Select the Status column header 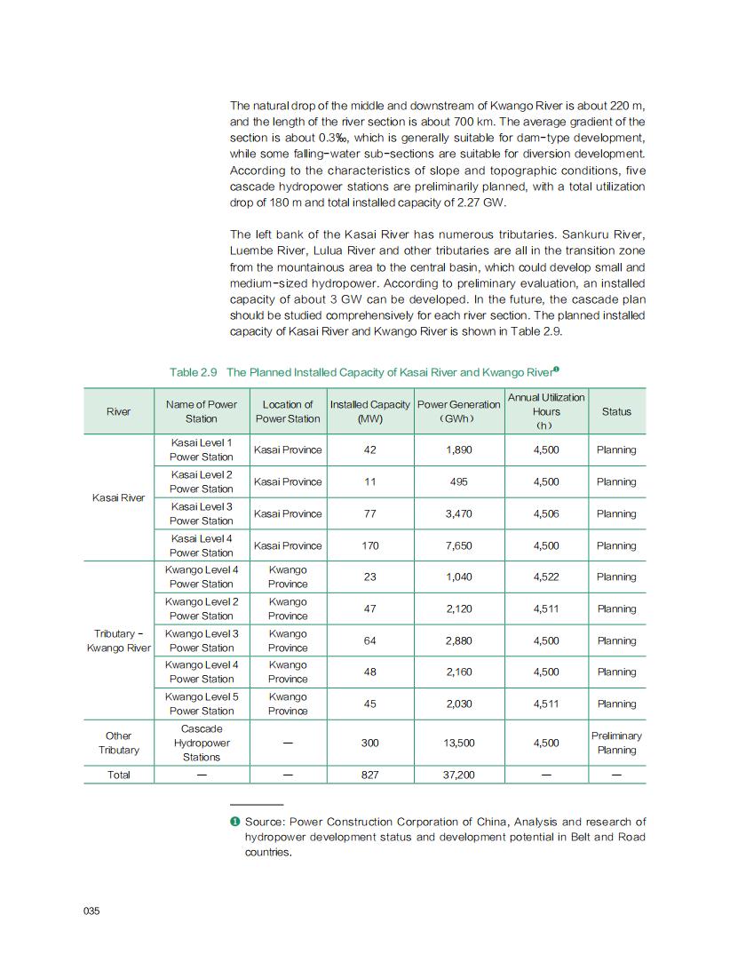[616, 411]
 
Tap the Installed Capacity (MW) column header [369, 411]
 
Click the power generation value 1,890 [458, 450]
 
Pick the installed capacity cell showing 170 [369, 546]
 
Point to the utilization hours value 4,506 [546, 514]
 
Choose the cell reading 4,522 [546, 577]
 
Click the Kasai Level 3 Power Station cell [202, 513]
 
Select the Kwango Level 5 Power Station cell [202, 704]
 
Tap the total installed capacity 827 [369, 775]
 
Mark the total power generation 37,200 [458, 775]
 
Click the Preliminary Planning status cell [616, 743]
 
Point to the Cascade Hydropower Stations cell [202, 743]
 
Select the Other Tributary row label [119, 743]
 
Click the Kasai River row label [119, 498]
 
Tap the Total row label [119, 775]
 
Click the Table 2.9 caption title [364, 371]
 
